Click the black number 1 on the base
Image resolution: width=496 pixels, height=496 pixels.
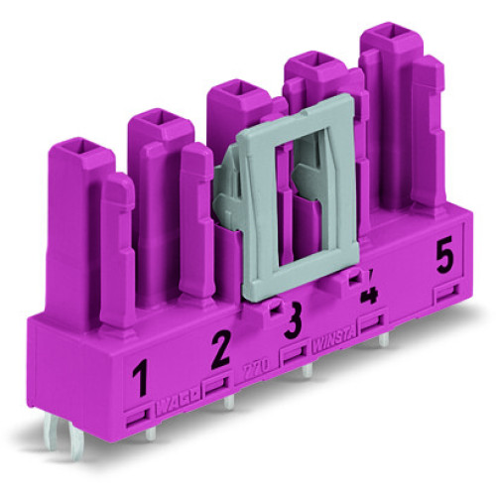141,377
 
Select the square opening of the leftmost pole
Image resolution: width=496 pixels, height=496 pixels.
76,148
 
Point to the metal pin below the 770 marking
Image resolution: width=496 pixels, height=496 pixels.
229,403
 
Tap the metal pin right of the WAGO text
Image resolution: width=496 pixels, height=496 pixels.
229,403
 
